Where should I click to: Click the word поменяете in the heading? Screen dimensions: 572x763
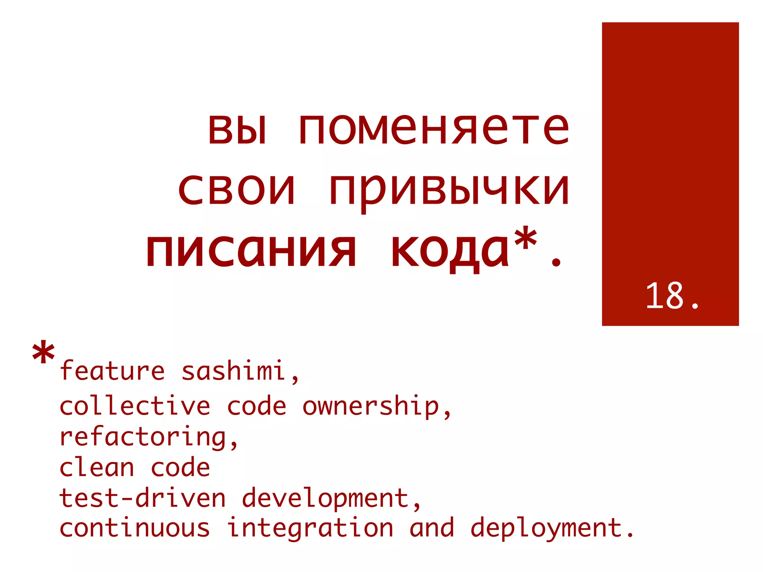(x=434, y=128)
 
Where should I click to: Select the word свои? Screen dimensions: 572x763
(x=237, y=189)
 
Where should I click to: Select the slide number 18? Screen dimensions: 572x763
(x=665, y=296)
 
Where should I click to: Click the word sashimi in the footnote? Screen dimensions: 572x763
(x=233, y=371)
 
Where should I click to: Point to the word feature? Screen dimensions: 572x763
(x=112, y=371)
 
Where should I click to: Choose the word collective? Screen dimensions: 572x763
(x=135, y=406)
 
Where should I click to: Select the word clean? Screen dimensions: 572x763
(x=97, y=468)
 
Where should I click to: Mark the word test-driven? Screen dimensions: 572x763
(x=143, y=498)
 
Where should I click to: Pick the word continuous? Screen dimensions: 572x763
(x=135, y=528)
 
